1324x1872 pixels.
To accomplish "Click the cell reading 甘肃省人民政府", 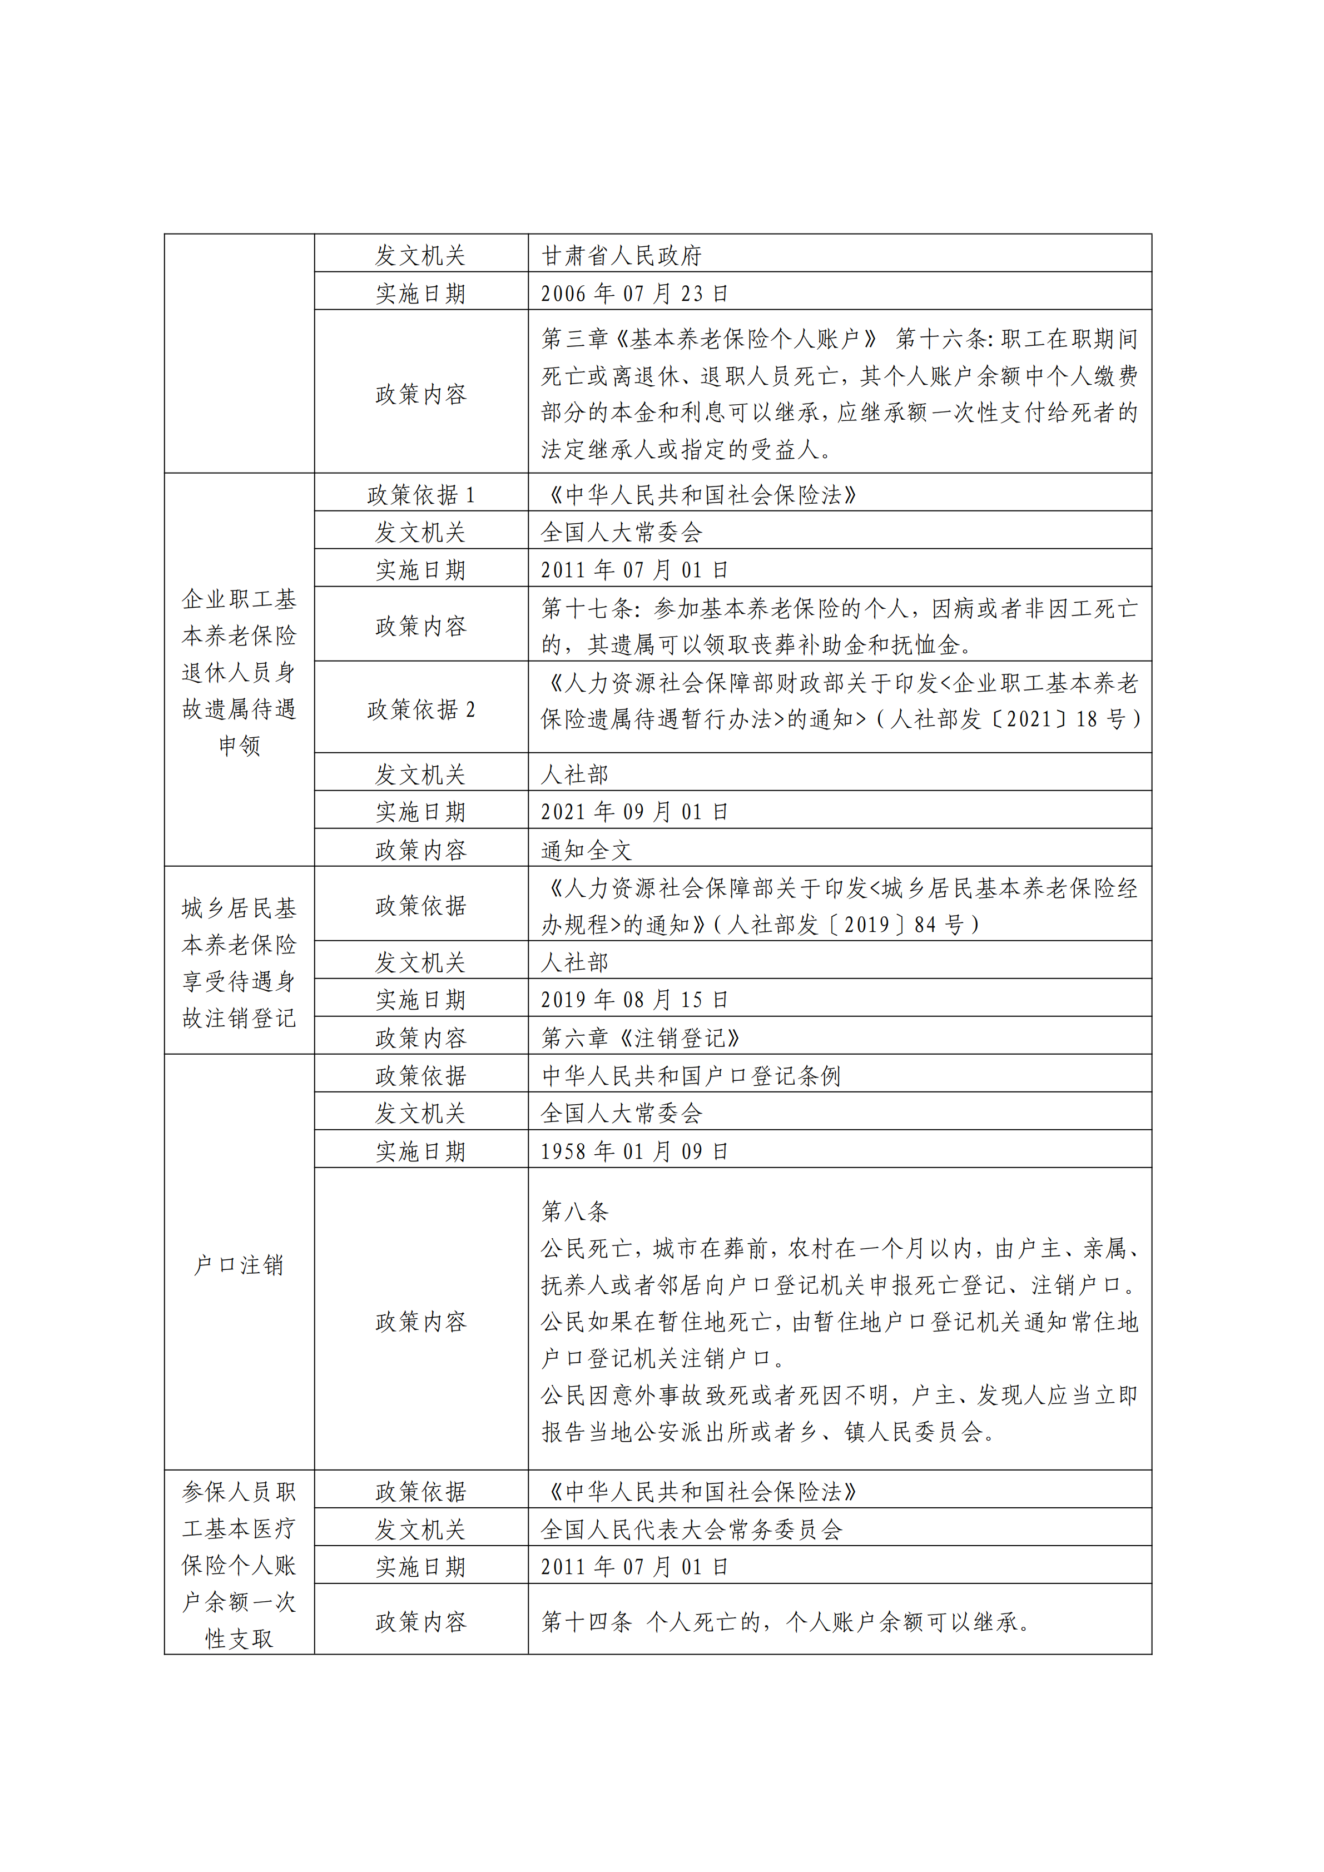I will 621,255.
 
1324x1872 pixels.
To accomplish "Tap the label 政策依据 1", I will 421,495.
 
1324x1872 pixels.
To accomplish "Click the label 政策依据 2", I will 421,709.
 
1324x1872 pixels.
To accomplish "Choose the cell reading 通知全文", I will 586,851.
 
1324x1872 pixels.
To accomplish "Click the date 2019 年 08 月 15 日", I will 633,1000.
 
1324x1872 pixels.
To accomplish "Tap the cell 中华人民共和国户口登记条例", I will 691,1076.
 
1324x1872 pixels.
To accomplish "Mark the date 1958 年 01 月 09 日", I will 633,1151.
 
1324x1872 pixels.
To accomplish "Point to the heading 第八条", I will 575,1211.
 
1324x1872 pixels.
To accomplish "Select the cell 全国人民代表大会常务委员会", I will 691,1530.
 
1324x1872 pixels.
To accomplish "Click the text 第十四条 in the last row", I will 587,1622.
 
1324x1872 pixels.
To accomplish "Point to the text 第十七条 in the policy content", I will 587,608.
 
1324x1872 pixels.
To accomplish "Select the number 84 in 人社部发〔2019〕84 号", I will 925,925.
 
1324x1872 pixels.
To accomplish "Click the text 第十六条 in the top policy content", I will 941,339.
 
